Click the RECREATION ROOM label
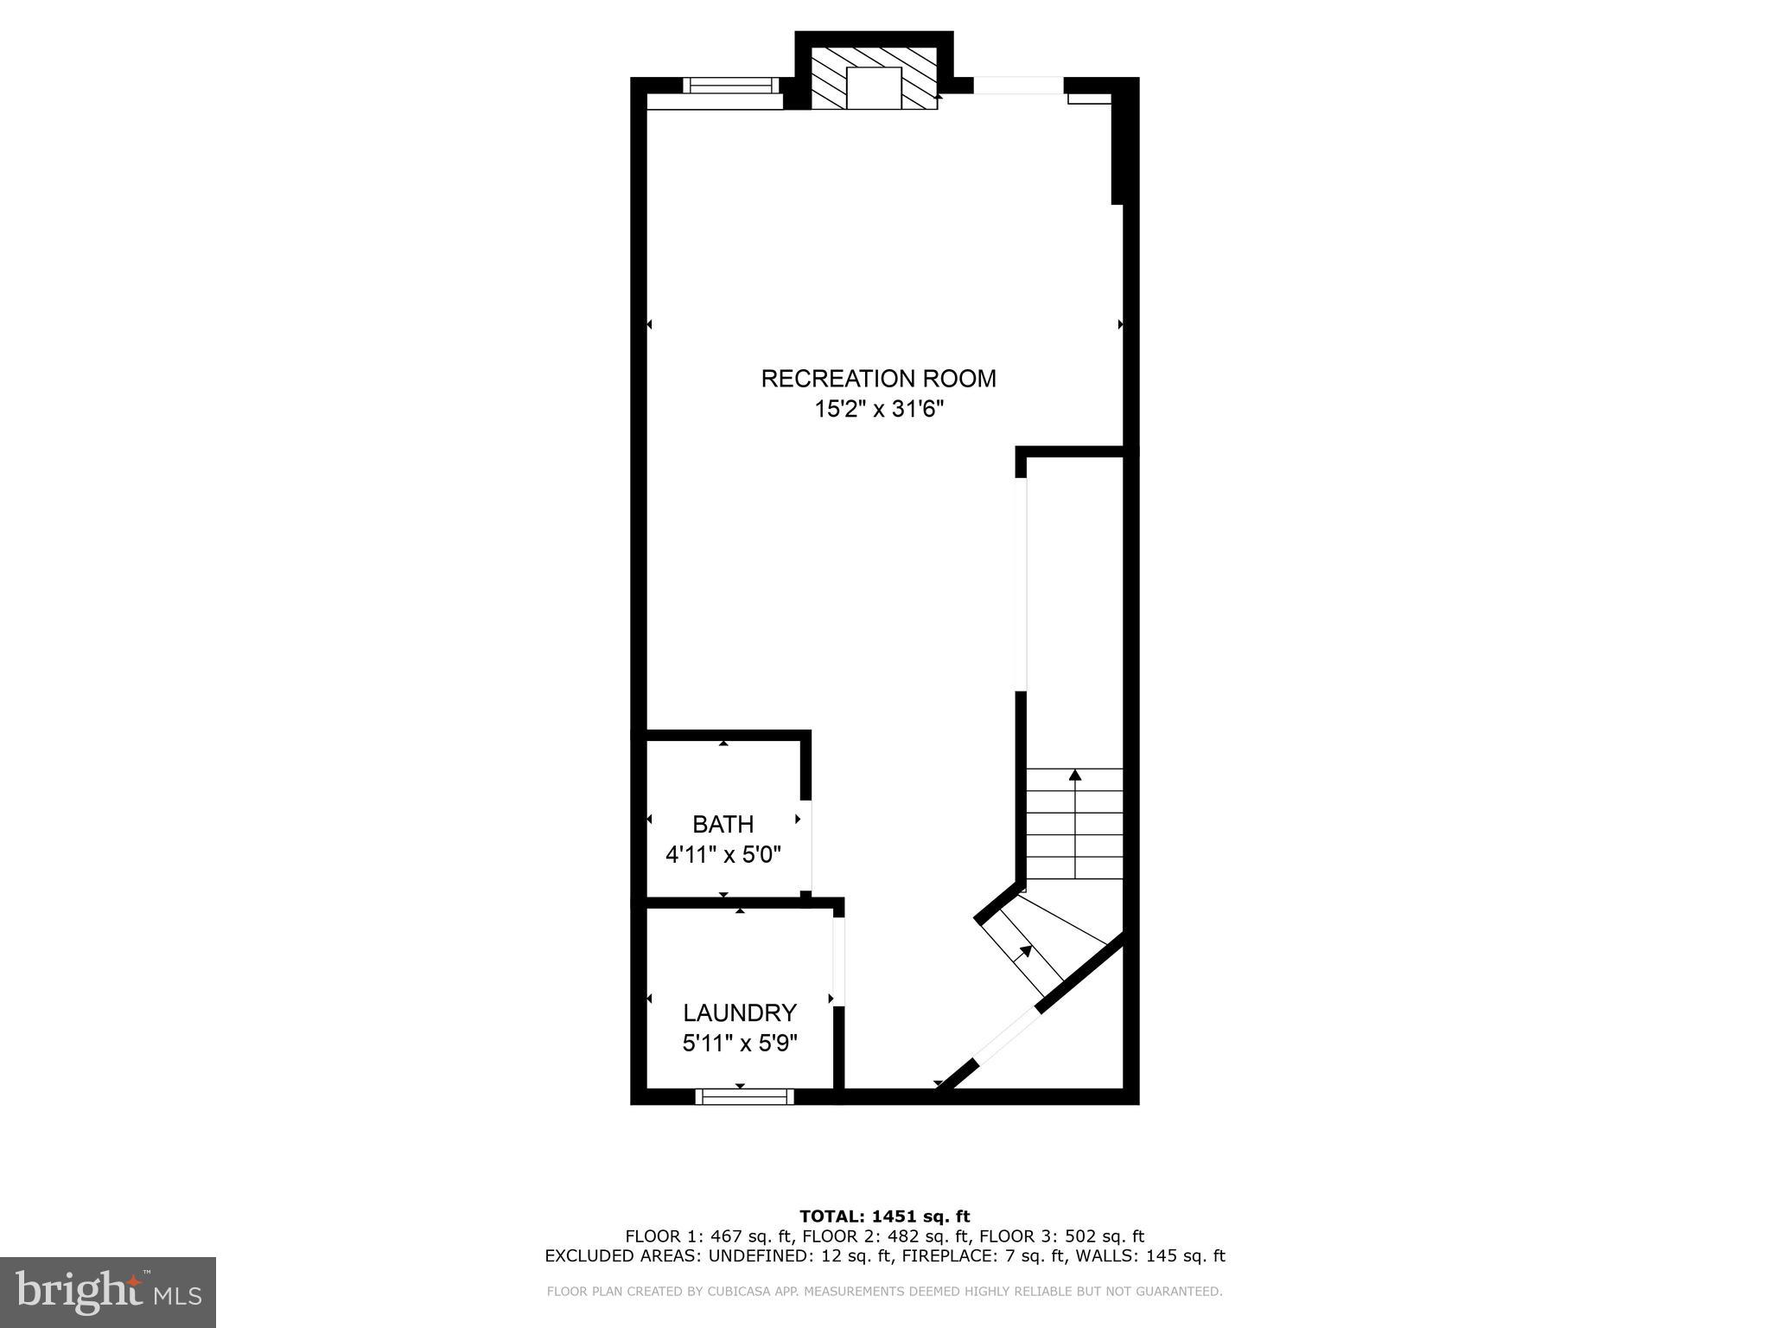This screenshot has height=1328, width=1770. [x=878, y=379]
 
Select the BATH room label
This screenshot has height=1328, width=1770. [x=723, y=824]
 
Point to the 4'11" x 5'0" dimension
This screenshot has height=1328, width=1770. [x=723, y=855]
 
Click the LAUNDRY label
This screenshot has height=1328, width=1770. [x=739, y=1012]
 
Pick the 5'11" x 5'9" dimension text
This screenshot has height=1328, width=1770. [x=739, y=1044]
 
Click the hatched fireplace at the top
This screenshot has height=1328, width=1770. [x=874, y=78]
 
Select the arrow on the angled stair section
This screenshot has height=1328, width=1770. [x=1025, y=952]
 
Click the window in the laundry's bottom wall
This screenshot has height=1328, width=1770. [x=744, y=1096]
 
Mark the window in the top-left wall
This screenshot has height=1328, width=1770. [x=730, y=85]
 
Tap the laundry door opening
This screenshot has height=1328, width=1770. [x=837, y=961]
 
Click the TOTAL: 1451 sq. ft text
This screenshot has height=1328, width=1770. [x=884, y=1216]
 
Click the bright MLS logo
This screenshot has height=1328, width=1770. [x=108, y=1292]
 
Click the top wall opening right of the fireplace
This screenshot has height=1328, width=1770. [x=1018, y=85]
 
